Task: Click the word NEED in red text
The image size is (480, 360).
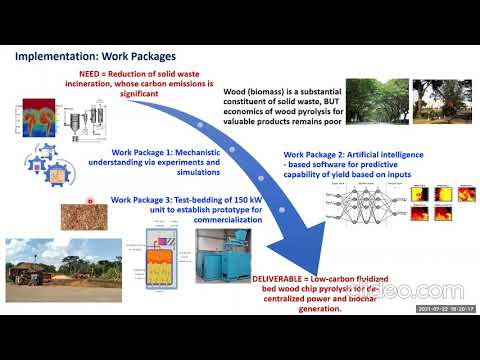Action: (91, 74)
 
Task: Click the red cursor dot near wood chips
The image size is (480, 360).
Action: (91, 200)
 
